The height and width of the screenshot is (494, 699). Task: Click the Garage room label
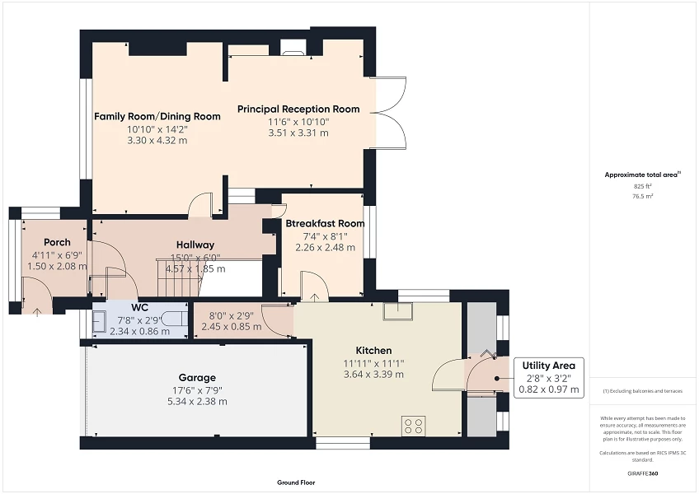pyautogui.click(x=198, y=378)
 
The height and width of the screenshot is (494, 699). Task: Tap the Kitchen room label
pyautogui.click(x=373, y=350)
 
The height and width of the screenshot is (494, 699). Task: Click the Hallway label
pyautogui.click(x=195, y=245)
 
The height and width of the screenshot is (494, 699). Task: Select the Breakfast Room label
pyautogui.click(x=325, y=223)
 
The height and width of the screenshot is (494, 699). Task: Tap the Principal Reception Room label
pyautogui.click(x=298, y=109)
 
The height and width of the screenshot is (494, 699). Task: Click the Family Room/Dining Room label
pyautogui.click(x=157, y=116)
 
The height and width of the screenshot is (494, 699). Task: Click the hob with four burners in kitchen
pyautogui.click(x=413, y=426)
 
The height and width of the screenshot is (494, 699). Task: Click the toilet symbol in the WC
pyautogui.click(x=171, y=319)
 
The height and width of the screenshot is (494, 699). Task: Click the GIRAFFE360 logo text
pyautogui.click(x=644, y=473)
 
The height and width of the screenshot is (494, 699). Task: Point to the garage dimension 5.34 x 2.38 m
pyautogui.click(x=198, y=401)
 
